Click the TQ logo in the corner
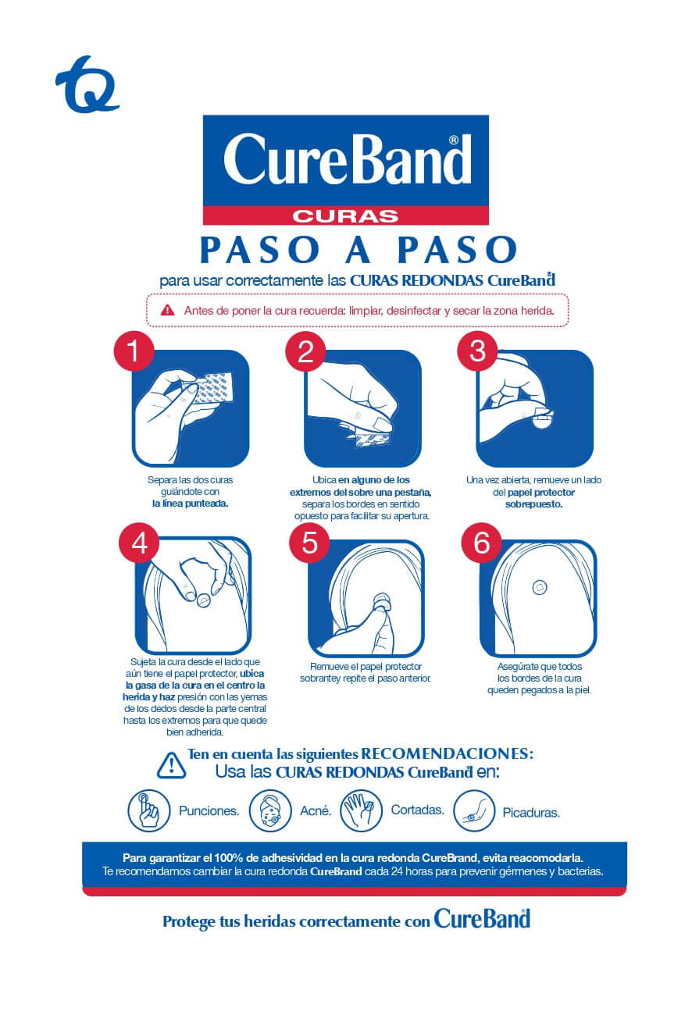click(87, 84)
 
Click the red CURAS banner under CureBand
click(345, 215)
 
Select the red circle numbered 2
click(305, 352)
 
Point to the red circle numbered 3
click(477, 352)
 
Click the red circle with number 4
click(139, 543)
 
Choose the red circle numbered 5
click(310, 543)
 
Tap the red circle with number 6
click(482, 543)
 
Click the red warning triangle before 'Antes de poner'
click(167, 310)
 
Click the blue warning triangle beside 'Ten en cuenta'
click(171, 764)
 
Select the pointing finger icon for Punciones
click(148, 811)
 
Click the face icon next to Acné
click(270, 811)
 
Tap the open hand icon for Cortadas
click(361, 810)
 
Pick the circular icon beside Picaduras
click(474, 811)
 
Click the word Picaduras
click(531, 813)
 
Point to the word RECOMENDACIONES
click(447, 754)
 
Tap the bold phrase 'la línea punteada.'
click(190, 504)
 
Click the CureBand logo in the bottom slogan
click(482, 919)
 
